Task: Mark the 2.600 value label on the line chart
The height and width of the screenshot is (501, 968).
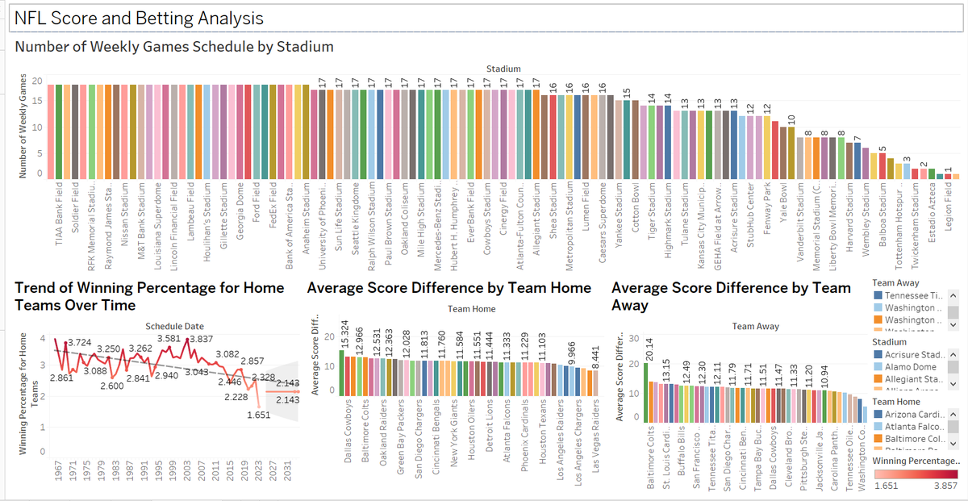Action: click(x=112, y=386)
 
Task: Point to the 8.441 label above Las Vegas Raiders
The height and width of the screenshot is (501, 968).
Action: click(x=595, y=352)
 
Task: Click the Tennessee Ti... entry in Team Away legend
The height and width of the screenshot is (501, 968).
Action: click(x=912, y=296)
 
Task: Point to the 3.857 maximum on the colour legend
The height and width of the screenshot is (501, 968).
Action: click(x=943, y=486)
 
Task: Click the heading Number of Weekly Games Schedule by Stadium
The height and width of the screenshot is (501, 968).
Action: click(x=174, y=47)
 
